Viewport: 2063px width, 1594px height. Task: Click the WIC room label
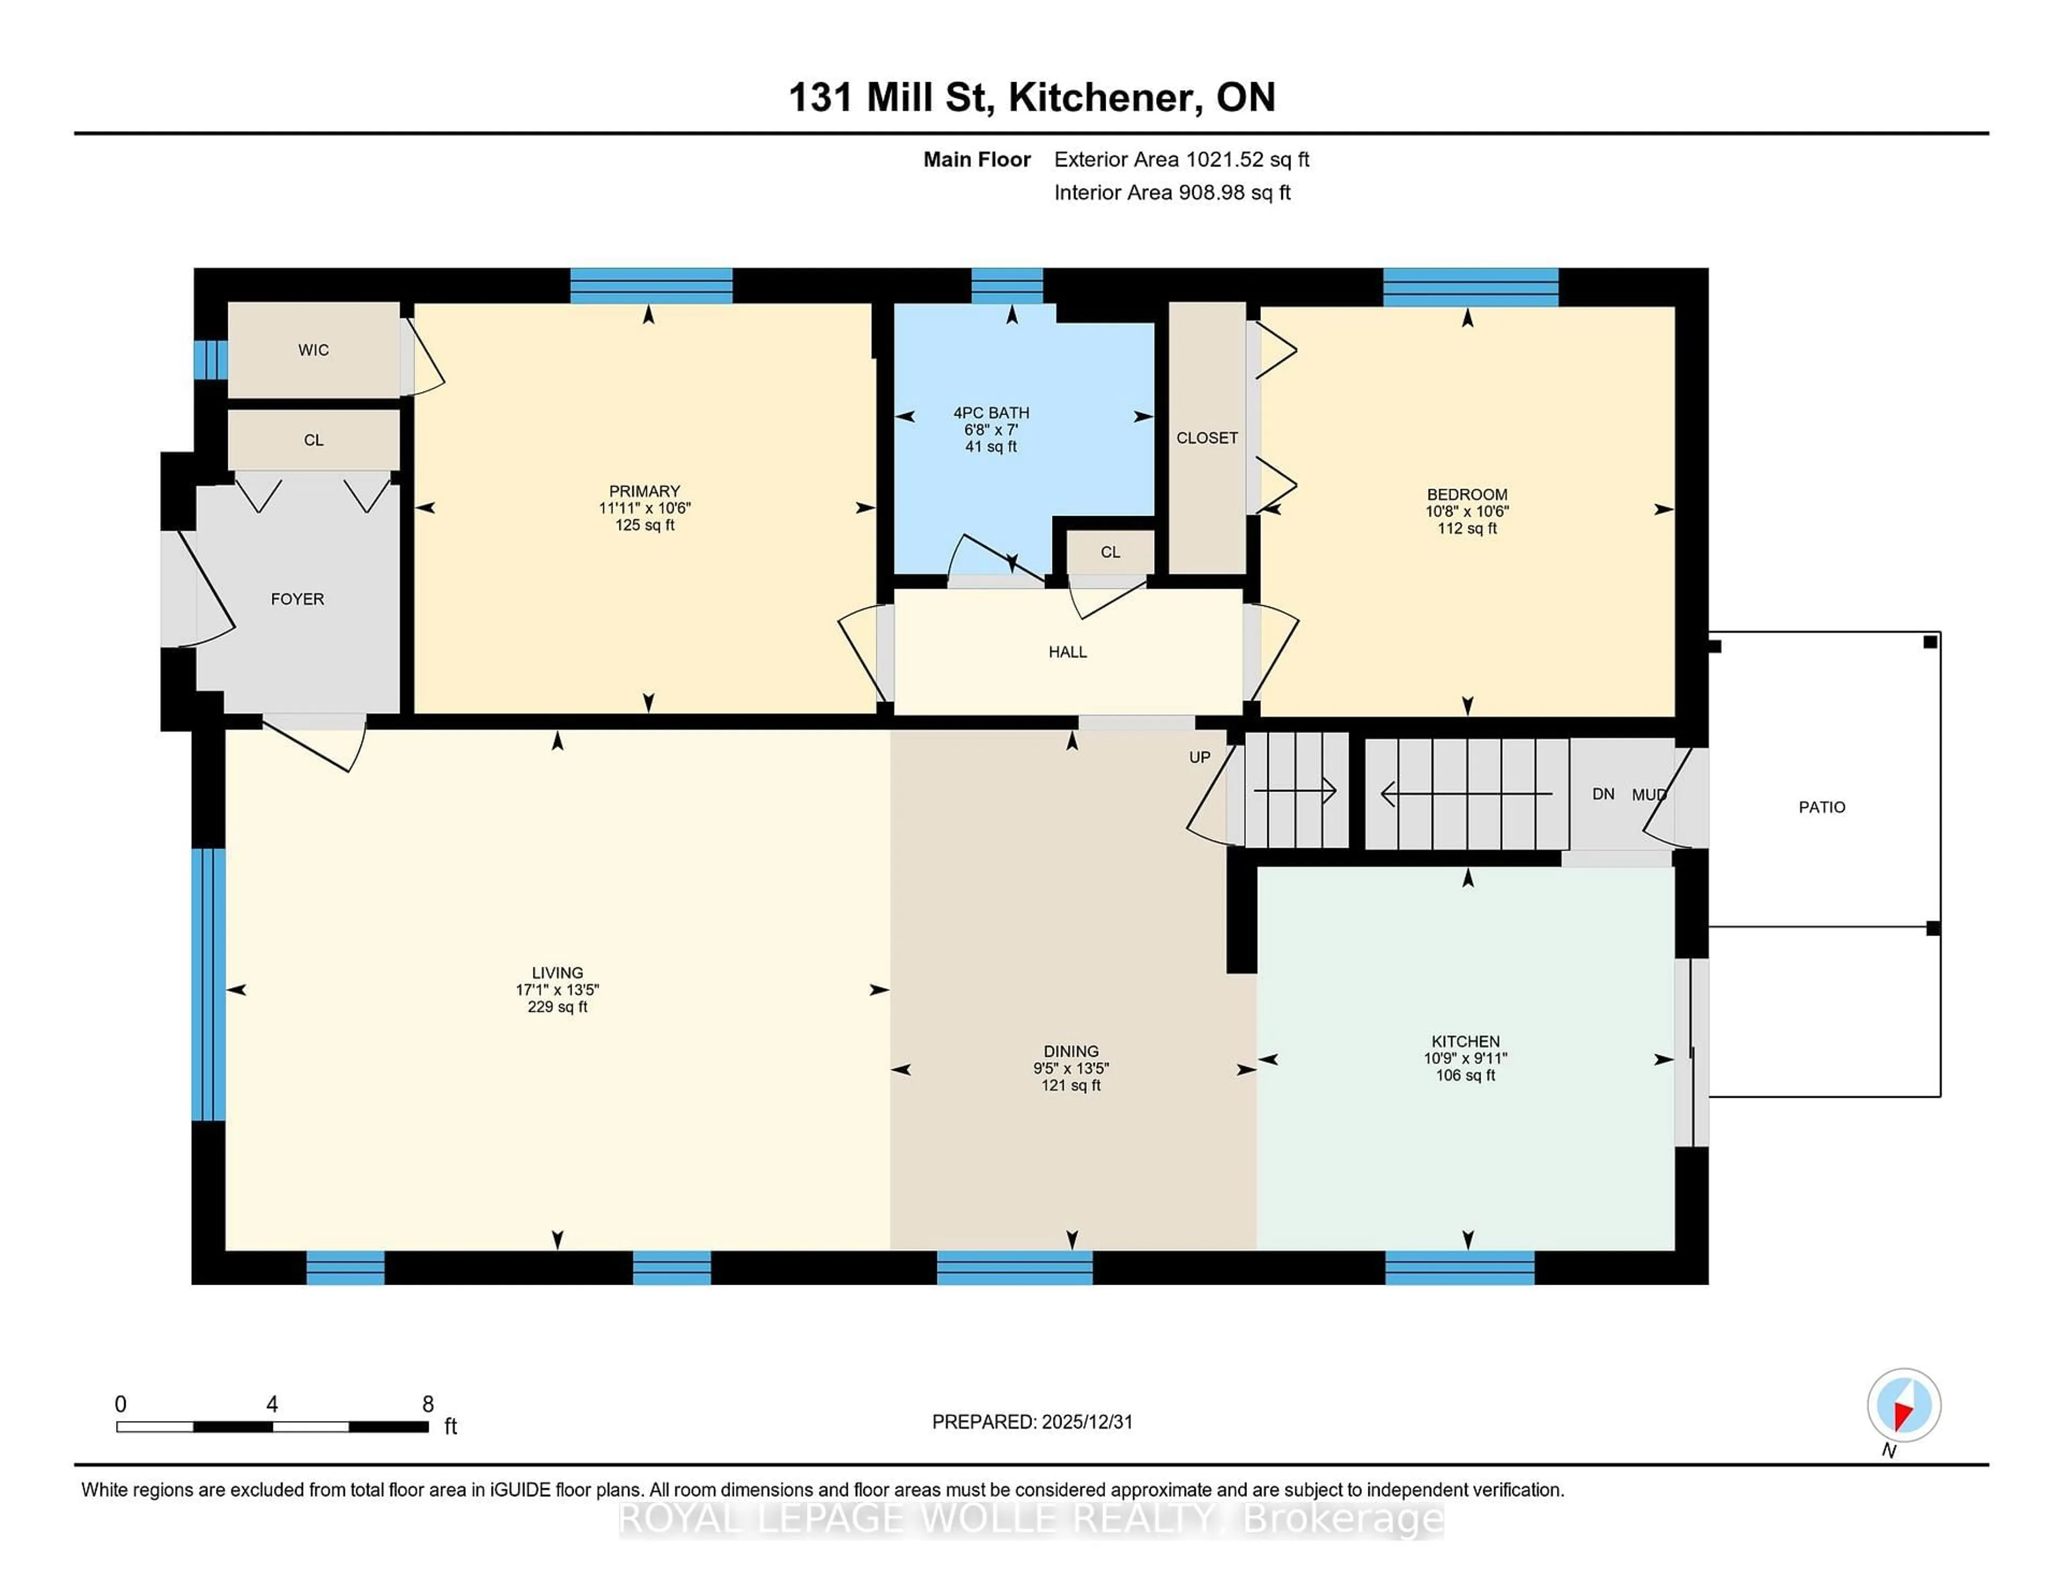coord(314,350)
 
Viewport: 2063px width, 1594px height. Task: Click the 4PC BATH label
coord(991,412)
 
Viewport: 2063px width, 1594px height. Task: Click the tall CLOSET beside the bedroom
coord(1207,438)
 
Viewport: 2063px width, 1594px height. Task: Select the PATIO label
coord(1821,807)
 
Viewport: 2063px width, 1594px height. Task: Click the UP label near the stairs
coord(1199,757)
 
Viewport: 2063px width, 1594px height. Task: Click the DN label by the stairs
coord(1603,794)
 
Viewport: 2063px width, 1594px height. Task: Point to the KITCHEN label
coord(1465,1041)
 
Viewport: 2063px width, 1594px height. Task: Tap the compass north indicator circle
coord(1903,1405)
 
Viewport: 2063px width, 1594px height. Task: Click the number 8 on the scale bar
coord(428,1404)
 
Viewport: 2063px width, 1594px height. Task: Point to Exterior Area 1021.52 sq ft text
coord(1182,160)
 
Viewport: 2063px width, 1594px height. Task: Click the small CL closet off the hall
coord(1110,553)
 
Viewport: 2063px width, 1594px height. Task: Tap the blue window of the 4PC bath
coord(1007,285)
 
